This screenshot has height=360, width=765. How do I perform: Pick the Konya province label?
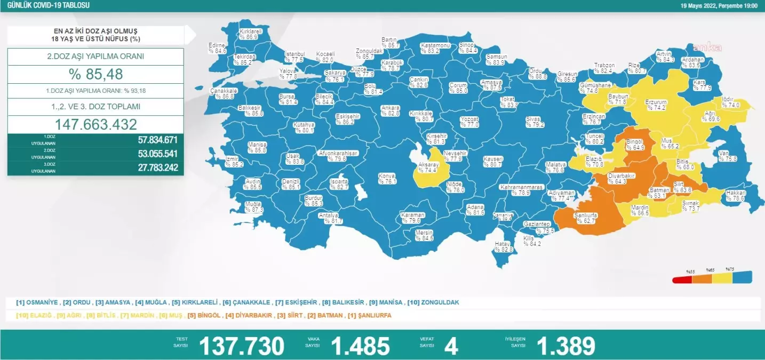pos(387,178)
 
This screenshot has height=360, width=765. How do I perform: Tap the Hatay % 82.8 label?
pos(503,246)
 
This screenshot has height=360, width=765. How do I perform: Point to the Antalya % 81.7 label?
pos(329,218)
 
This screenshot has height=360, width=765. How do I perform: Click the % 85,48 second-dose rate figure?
pos(95,74)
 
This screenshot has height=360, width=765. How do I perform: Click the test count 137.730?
pos(242,346)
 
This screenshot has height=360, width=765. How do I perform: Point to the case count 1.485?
pos(361,346)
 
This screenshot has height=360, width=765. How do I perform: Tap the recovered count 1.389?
pos(566,346)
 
